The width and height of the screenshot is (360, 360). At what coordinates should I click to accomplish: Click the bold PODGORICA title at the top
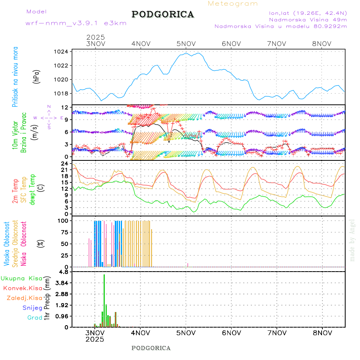163,14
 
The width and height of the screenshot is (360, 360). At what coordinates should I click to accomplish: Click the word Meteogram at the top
233,4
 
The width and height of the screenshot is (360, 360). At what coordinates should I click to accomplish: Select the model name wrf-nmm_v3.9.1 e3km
76,23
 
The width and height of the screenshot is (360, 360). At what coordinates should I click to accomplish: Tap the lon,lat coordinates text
308,13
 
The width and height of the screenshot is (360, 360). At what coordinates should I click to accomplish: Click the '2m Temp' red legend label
15,191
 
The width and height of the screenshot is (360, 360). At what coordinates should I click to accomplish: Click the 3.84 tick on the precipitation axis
62,283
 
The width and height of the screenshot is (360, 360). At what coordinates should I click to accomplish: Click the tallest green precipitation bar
104,300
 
